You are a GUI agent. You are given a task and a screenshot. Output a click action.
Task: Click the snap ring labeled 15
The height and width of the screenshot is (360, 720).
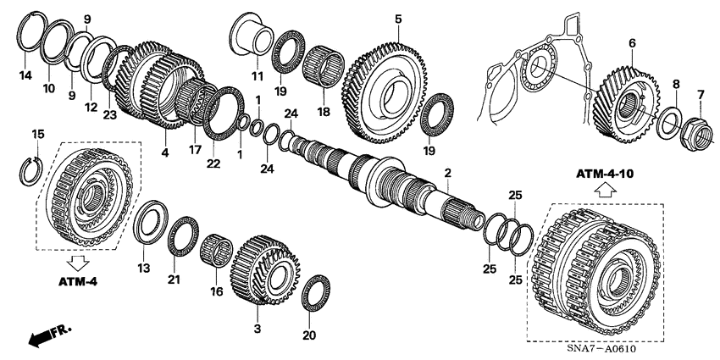point(30,169)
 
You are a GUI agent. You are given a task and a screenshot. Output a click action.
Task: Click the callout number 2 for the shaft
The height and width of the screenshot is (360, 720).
point(447,173)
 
